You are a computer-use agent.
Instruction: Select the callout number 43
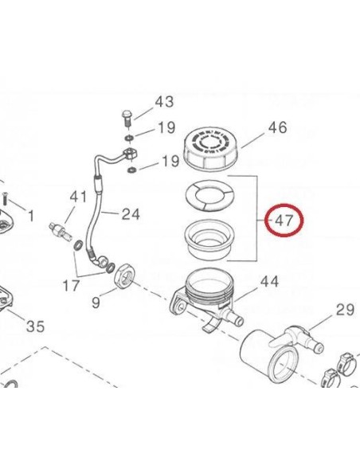[164, 102]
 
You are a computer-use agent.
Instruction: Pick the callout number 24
[131, 213]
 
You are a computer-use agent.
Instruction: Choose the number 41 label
[77, 197]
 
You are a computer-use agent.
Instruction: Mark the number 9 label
[96, 302]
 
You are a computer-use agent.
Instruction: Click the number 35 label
[35, 326]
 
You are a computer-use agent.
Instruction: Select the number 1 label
[30, 216]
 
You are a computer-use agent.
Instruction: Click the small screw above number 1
[4, 193]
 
